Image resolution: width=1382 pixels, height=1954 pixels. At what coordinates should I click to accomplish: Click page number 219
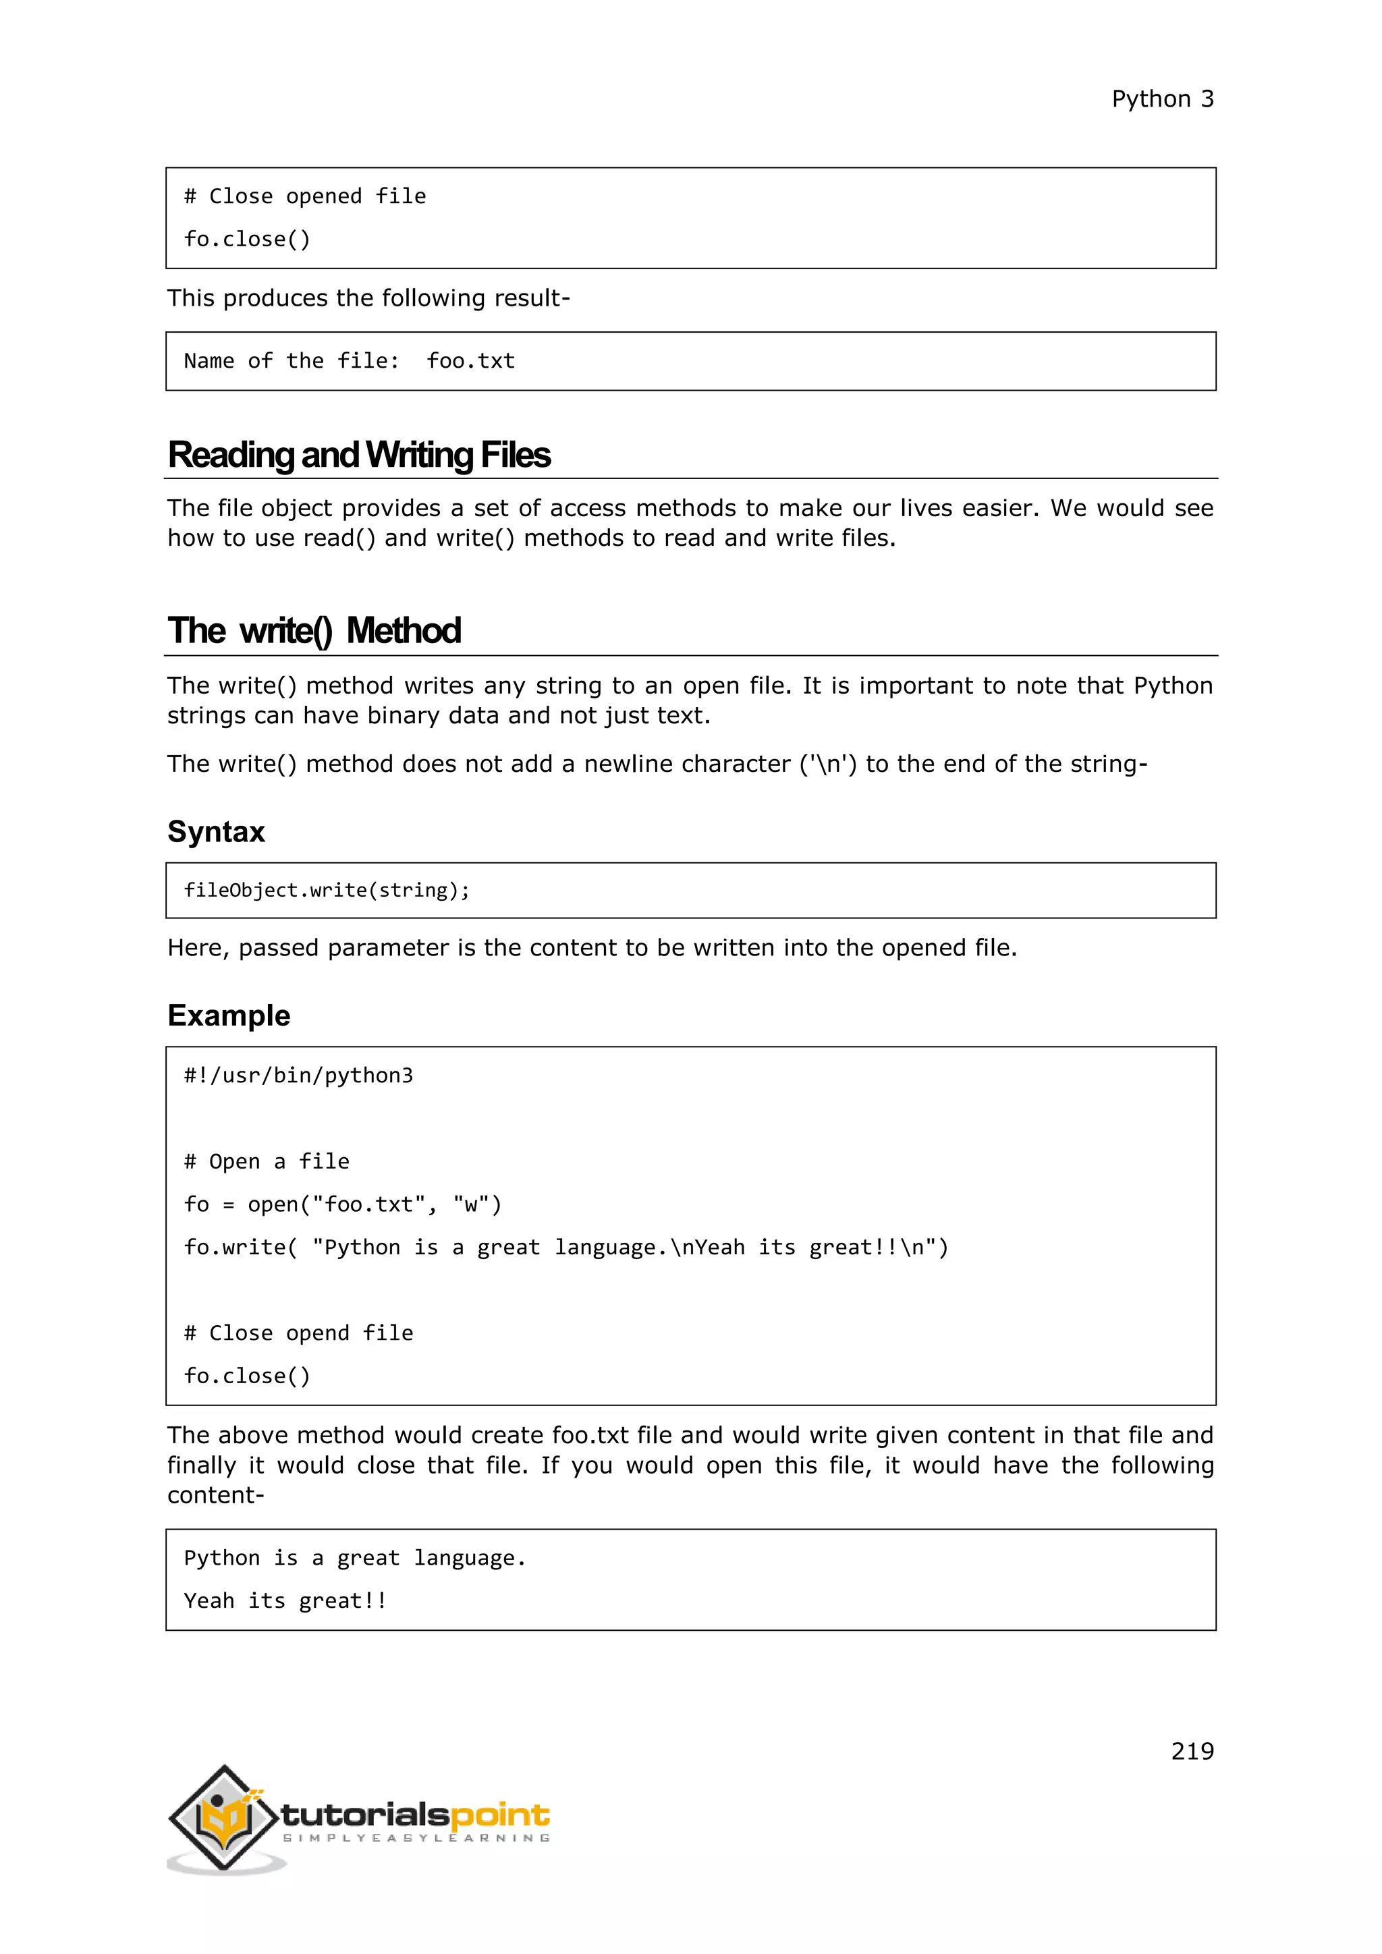tap(1192, 1751)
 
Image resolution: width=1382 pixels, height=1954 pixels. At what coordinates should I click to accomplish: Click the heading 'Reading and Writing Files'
tap(358, 455)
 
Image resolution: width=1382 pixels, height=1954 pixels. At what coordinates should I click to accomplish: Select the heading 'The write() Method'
tap(314, 632)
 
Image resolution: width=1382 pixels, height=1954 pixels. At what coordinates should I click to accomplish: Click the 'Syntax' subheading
tap(216, 831)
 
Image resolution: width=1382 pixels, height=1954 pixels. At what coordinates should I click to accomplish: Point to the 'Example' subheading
tap(228, 1015)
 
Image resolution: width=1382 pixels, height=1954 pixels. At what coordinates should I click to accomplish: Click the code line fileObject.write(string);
tap(326, 890)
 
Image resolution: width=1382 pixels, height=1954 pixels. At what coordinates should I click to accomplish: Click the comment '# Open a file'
tap(267, 1162)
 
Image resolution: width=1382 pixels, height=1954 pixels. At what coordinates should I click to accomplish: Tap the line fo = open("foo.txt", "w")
tap(342, 1204)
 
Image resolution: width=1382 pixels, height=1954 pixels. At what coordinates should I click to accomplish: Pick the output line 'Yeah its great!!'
tap(285, 1601)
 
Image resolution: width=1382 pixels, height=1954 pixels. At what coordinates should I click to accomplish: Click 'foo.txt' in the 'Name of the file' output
tap(470, 361)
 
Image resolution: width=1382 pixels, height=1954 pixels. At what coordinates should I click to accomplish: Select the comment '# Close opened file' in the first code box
tap(304, 196)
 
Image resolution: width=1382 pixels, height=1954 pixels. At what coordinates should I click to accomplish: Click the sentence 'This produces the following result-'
tap(368, 299)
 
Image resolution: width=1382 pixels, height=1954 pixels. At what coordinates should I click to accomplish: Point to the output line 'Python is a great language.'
tap(355, 1558)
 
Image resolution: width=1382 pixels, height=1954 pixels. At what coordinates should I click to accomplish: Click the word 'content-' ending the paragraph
tap(215, 1495)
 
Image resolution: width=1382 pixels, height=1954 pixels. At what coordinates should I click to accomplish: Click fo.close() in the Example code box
tap(247, 1376)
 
